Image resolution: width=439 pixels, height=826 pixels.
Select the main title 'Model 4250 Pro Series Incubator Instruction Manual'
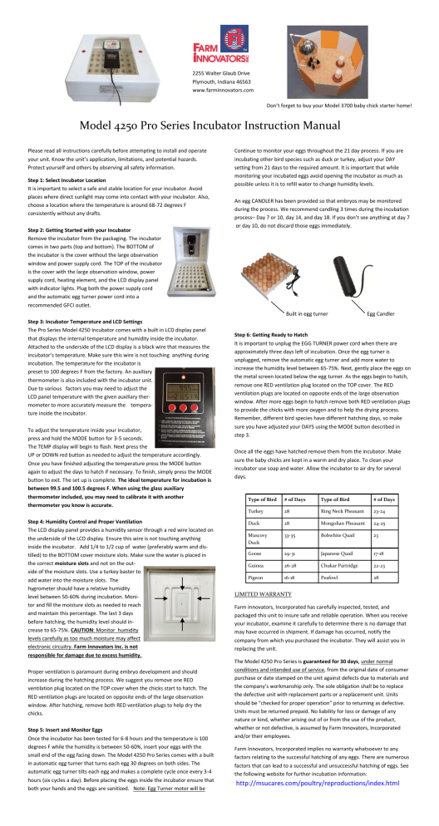[219, 126]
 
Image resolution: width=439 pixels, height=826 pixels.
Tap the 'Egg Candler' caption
[383, 313]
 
